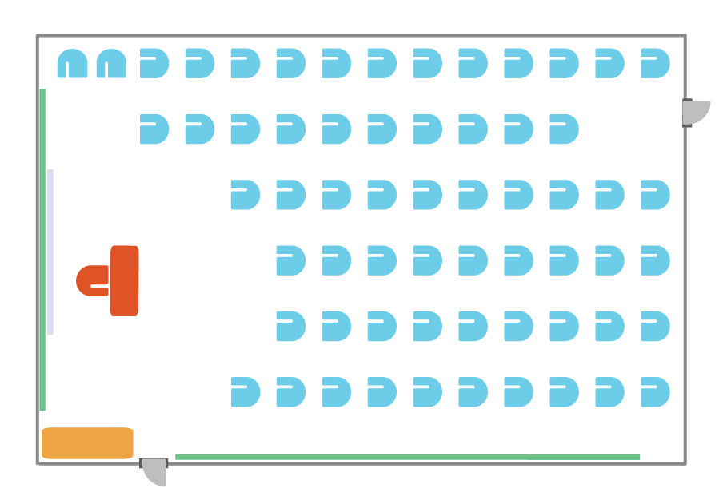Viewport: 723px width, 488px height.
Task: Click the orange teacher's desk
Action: [x=124, y=280]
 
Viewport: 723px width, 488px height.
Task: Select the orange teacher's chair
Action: [x=91, y=280]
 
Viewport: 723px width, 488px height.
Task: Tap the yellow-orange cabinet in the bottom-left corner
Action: [x=87, y=443]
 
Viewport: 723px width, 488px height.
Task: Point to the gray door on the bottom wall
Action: [x=154, y=470]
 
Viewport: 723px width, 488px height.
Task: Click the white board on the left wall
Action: [x=50, y=252]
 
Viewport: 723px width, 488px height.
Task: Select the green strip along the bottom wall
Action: [x=407, y=457]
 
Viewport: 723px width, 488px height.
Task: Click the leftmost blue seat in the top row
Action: [x=72, y=64]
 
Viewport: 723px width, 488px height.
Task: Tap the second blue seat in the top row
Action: [x=111, y=64]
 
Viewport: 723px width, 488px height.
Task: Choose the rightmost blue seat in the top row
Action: [x=654, y=63]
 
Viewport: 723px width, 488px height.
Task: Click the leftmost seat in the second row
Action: [x=154, y=129]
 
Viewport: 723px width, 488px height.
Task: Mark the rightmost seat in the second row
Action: [x=563, y=129]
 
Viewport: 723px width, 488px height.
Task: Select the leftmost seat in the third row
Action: [x=245, y=195]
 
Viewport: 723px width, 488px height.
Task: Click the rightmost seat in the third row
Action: [x=654, y=195]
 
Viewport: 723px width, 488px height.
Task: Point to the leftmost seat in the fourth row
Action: [x=290, y=260]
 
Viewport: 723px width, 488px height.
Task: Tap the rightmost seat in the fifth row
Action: [x=654, y=326]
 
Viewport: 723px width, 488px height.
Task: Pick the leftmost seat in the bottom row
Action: [x=245, y=392]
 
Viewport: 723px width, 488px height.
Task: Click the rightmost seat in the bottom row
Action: [x=654, y=392]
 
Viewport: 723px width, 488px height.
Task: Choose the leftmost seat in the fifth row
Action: [x=290, y=326]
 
